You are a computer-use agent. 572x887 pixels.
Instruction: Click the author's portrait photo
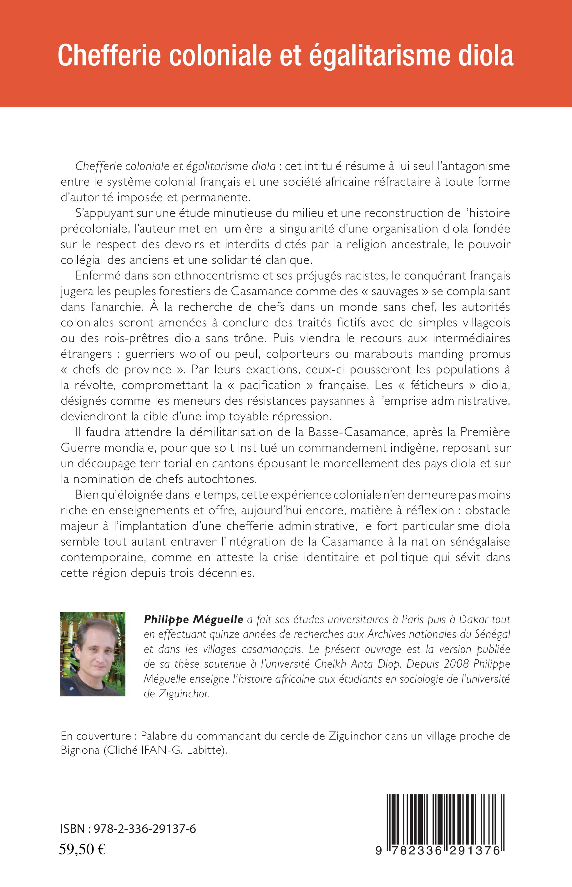point(93,654)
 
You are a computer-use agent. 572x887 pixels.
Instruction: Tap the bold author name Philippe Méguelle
point(194,619)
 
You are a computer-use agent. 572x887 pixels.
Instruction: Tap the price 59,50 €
point(83,850)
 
